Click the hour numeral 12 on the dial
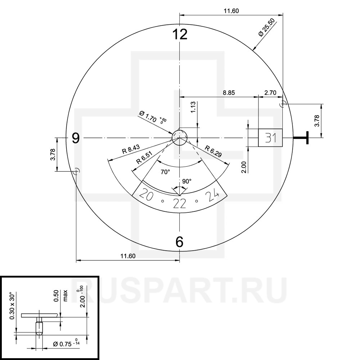(180, 35)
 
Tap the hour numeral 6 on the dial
(180, 242)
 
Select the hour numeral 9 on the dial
(75, 138)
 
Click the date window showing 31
(270, 138)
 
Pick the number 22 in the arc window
(179, 203)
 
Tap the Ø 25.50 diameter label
(267, 28)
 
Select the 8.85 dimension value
(229, 93)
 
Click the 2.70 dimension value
(270, 93)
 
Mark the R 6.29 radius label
(214, 151)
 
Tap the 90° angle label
(187, 181)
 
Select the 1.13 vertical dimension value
(193, 108)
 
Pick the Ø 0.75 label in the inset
(65, 343)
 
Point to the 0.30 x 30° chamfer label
(13, 305)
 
